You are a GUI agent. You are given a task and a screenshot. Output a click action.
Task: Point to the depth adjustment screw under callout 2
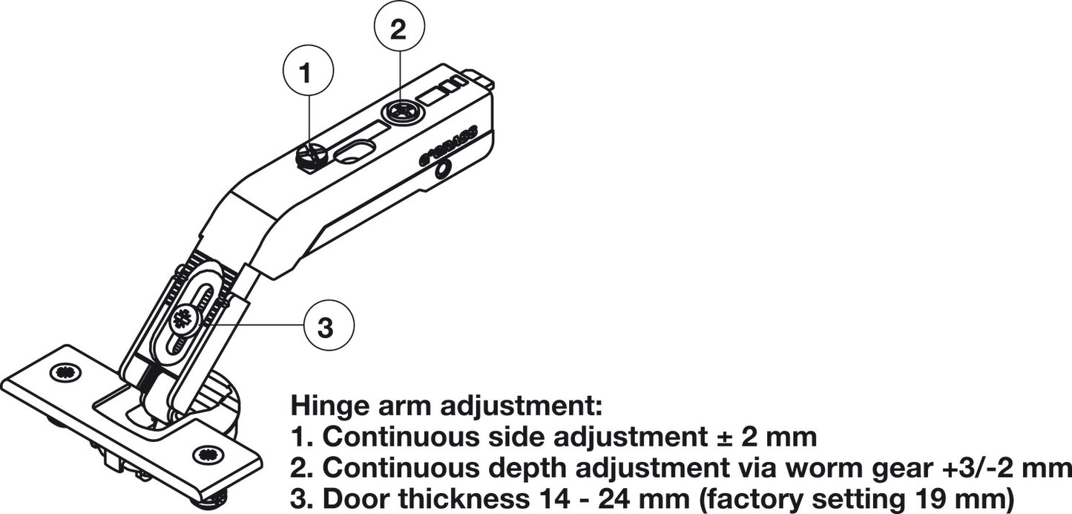pos(403,113)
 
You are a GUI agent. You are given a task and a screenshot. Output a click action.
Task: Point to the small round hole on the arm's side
pos(443,171)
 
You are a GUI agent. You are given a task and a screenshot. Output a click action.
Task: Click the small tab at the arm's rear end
pos(480,77)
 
